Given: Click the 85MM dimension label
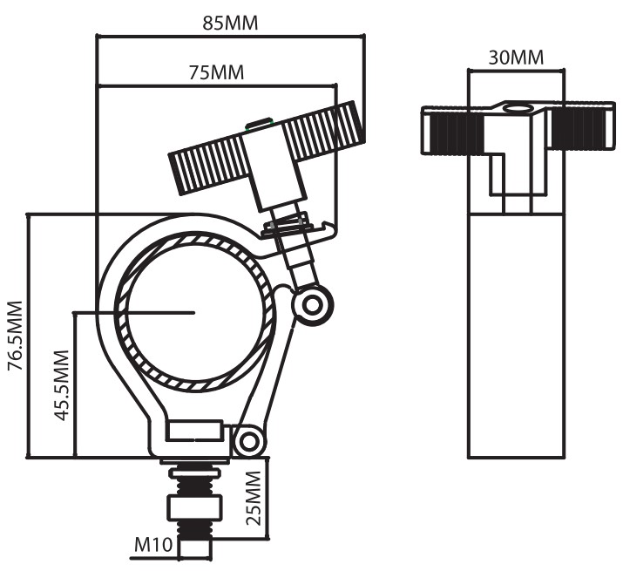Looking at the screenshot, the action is pyautogui.click(x=230, y=23).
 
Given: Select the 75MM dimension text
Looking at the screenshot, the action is pyautogui.click(x=216, y=72).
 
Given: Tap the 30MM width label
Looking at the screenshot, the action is pyautogui.click(x=516, y=58).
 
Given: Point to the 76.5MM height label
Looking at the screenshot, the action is pyautogui.click(x=16, y=336).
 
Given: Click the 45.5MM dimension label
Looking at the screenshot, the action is pyautogui.click(x=62, y=385).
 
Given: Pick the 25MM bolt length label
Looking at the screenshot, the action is pyautogui.click(x=254, y=498).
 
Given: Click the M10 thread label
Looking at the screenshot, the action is pyautogui.click(x=153, y=544).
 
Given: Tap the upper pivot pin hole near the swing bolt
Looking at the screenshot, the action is pyautogui.click(x=312, y=306).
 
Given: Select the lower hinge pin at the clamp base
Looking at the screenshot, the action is pyautogui.click(x=248, y=442).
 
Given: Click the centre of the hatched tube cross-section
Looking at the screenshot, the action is pyautogui.click(x=194, y=312).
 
